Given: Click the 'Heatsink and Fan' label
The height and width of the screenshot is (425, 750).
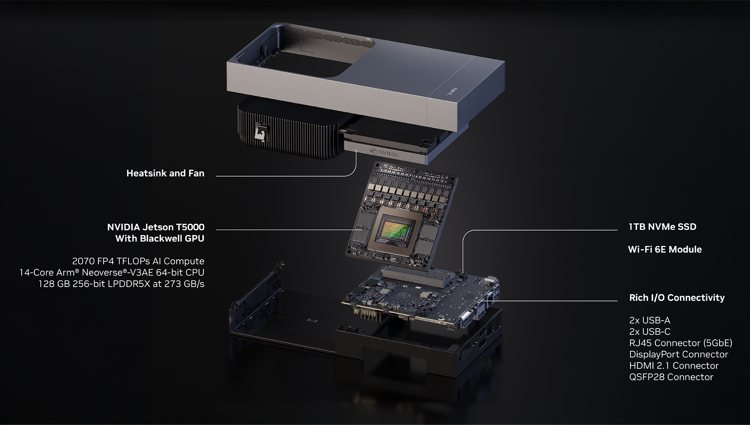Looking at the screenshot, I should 165,173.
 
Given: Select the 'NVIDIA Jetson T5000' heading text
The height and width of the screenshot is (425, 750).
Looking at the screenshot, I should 155,227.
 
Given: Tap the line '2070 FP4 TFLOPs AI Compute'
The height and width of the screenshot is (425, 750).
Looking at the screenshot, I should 138,261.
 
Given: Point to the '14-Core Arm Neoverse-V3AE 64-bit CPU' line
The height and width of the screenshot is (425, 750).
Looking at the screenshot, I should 112,273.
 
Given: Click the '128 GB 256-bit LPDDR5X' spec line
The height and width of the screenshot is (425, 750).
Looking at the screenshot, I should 121,284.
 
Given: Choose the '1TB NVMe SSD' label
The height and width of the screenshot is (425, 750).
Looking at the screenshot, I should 662,227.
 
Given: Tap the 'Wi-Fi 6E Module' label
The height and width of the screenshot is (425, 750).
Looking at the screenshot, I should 665,250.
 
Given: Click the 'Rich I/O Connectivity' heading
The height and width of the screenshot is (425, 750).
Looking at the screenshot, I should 677,298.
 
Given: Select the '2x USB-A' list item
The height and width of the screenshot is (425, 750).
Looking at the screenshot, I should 650,321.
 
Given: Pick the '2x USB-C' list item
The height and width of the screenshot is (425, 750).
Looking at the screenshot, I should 650,332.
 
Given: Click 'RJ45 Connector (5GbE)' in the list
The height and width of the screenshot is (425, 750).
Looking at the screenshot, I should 680,343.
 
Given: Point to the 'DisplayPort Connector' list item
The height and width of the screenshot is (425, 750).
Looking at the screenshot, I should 679,355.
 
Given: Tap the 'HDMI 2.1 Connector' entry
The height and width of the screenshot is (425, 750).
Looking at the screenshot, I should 674,366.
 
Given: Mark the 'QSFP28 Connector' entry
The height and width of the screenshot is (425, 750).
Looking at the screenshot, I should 671,377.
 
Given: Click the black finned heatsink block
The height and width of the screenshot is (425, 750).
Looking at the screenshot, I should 289,133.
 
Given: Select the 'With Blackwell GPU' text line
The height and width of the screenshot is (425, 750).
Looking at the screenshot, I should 159,239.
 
